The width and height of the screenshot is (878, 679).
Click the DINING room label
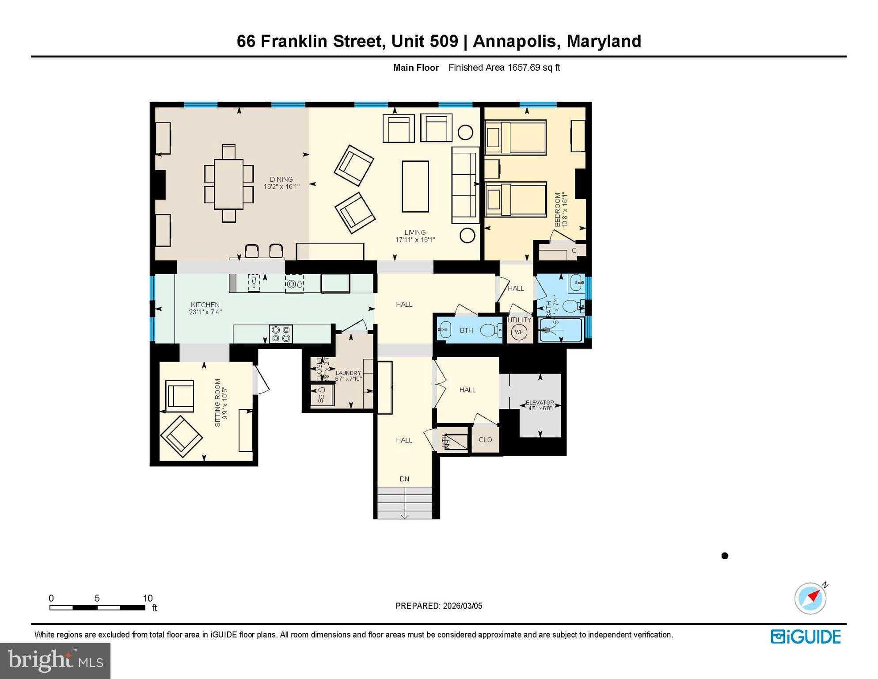click(x=281, y=179)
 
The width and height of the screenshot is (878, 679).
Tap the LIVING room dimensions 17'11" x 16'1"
click(x=415, y=240)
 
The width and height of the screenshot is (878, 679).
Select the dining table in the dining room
click(x=228, y=184)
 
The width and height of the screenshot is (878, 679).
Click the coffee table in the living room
click(x=415, y=186)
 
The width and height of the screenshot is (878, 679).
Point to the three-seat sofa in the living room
click(x=465, y=185)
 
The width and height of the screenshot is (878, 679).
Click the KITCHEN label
click(x=205, y=305)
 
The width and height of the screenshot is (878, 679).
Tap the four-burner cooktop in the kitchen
click(x=281, y=334)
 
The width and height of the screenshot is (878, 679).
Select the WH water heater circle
click(x=519, y=332)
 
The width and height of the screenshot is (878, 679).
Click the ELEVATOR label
click(x=540, y=403)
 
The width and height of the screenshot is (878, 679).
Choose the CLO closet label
click(x=485, y=439)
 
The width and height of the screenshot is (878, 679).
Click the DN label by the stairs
click(x=404, y=479)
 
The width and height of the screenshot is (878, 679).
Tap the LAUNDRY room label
click(x=348, y=373)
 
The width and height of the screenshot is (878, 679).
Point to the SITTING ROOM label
click(x=217, y=402)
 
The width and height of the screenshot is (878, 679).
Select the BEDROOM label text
click(x=558, y=210)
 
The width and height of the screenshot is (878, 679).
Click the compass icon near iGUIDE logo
click(x=810, y=598)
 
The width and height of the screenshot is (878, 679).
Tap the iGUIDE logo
click(x=806, y=637)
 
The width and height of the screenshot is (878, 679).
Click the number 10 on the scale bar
click(x=148, y=598)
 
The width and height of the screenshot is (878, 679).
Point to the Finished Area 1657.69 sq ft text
click(x=504, y=68)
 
